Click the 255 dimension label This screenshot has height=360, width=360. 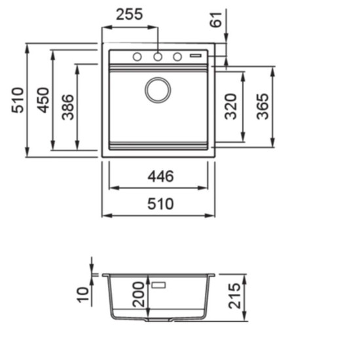130,14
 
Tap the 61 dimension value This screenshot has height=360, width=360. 216,20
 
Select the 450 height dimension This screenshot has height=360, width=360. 43,100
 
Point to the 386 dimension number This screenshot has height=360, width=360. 68,107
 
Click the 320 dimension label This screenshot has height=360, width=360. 230,107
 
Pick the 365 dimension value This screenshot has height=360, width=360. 262,107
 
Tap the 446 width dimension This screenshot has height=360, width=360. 160,177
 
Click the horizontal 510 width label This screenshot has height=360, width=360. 160,204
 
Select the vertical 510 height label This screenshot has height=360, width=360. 18,100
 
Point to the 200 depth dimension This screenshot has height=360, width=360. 139,295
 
